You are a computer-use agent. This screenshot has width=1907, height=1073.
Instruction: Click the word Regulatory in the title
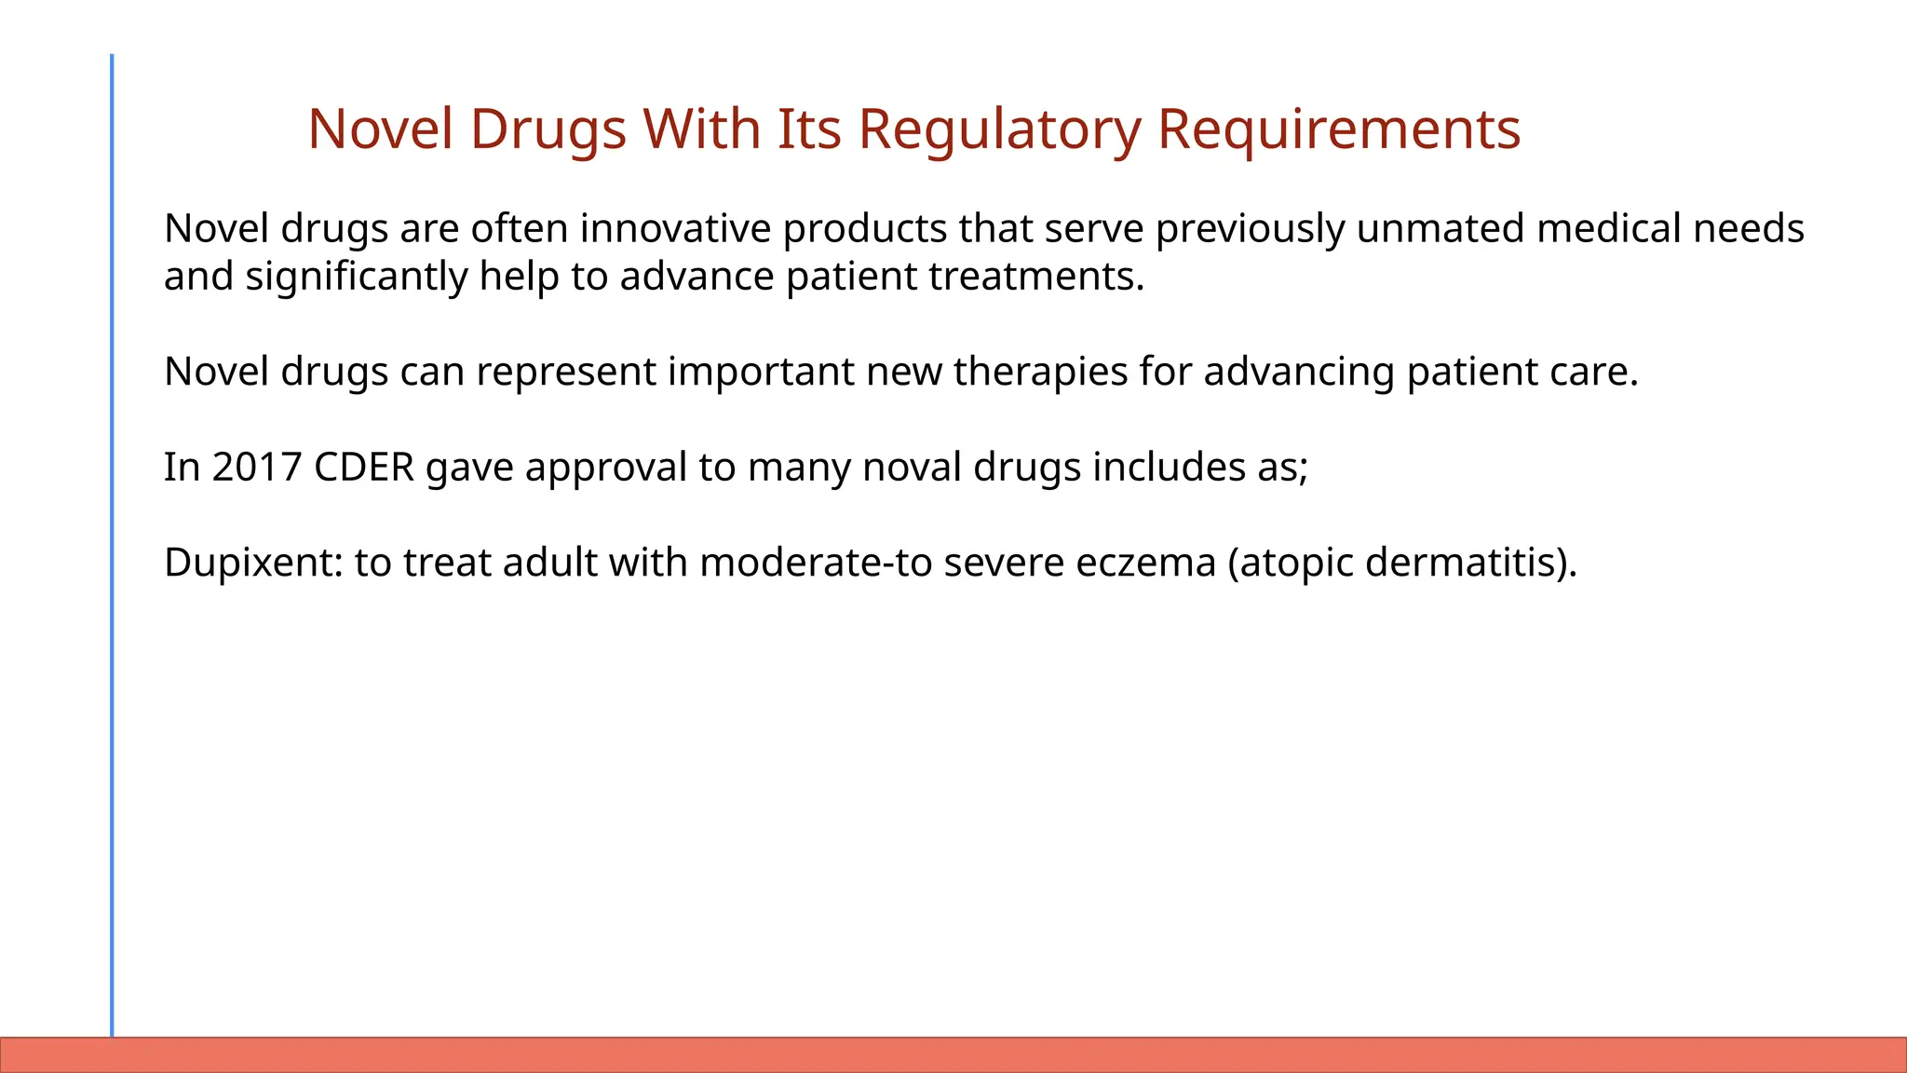coord(999,129)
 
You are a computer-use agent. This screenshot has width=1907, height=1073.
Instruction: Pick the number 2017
coord(256,467)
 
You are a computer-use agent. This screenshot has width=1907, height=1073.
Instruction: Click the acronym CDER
coord(363,467)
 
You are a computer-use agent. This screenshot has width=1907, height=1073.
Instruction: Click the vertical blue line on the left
coord(112,540)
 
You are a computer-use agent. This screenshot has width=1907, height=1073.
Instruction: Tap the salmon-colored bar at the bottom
coord(953,1054)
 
